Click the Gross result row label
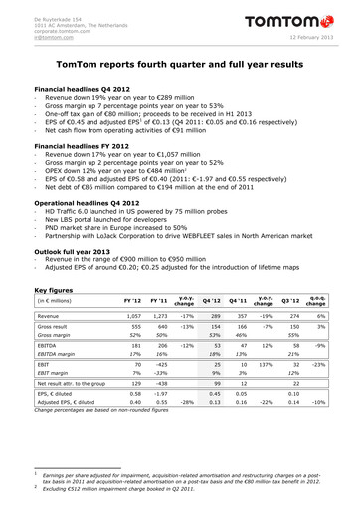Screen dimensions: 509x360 (x=54, y=326)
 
